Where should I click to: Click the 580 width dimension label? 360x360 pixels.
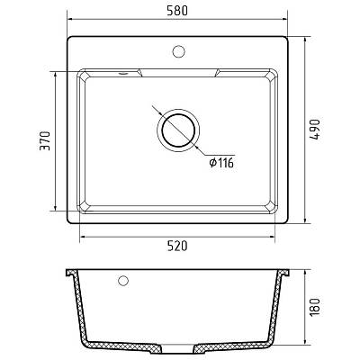coord(177,11)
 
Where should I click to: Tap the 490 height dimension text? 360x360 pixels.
coord(315,130)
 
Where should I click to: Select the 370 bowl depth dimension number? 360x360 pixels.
coord(45,140)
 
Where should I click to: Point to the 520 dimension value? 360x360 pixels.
coord(177,246)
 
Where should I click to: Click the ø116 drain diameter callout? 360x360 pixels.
coord(221,163)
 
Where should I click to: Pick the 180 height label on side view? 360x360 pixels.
coord(315,308)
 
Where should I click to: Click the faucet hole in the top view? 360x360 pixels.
coord(178,51)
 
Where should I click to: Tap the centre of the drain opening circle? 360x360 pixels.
coord(178,130)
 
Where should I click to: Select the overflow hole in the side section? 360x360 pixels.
coord(123,281)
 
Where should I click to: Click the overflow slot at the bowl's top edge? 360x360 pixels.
coord(123,73)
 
